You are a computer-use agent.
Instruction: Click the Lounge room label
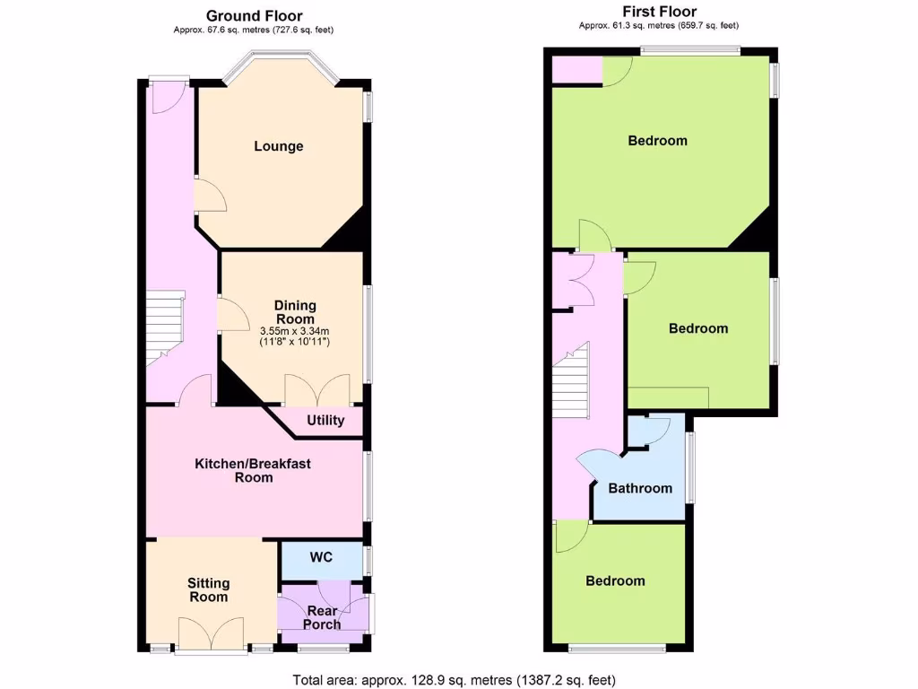278,146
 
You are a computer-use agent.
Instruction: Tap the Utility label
325,420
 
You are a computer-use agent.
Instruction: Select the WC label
321,557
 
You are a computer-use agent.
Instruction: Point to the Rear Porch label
323,617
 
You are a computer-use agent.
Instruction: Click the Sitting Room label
208,589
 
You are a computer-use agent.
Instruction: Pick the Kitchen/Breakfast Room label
253,470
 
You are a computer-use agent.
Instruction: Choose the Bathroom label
640,488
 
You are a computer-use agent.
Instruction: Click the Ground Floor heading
255,15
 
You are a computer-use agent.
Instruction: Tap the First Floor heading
660,12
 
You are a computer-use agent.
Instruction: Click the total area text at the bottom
455,680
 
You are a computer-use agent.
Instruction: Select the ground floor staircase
166,325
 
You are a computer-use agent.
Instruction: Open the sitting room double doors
212,634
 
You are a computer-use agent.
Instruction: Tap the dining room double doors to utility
317,392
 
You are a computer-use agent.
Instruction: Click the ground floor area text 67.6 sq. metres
255,30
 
